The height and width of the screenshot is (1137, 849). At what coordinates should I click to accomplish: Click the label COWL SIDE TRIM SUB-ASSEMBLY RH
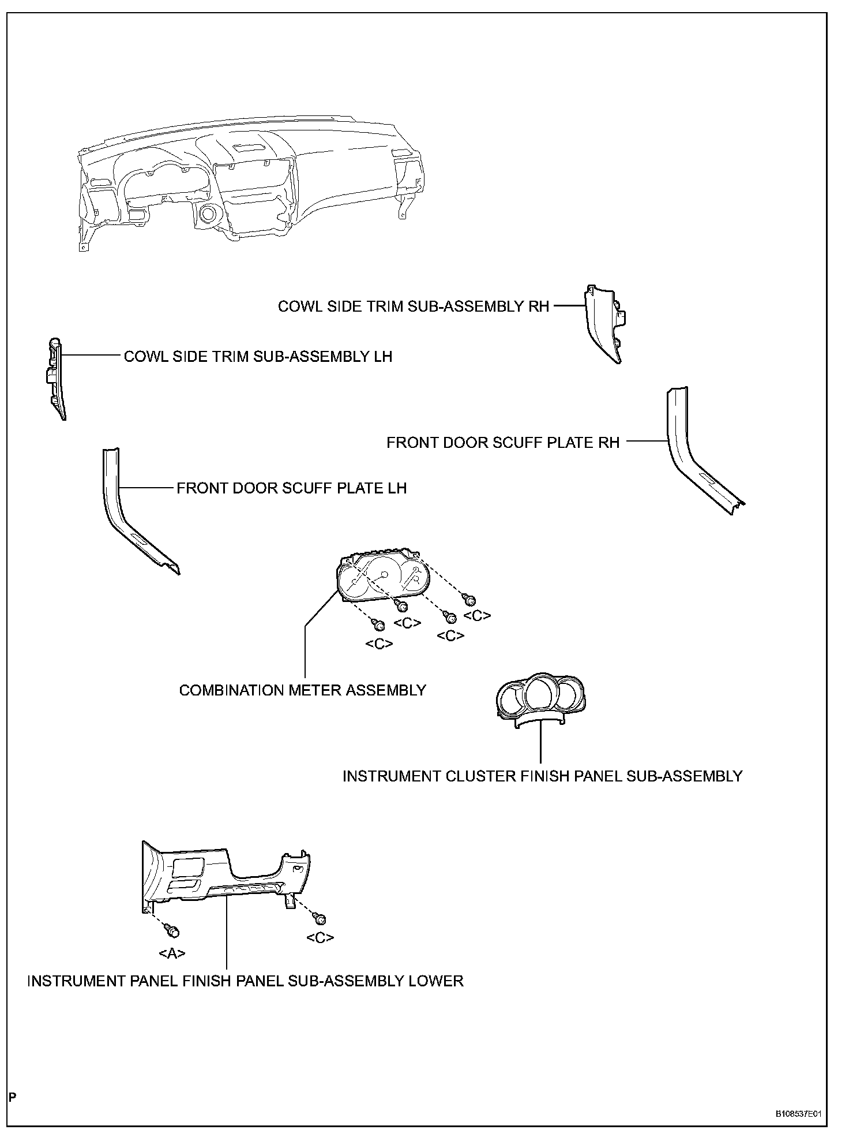tap(413, 306)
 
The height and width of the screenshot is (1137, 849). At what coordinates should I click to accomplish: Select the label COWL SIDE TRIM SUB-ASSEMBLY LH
tap(258, 356)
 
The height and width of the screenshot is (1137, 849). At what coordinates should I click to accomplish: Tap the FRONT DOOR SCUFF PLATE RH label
tap(502, 443)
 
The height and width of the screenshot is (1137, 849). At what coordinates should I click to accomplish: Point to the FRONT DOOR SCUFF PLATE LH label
tap(291, 488)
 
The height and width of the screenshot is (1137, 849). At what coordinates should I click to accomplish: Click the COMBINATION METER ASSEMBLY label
tap(302, 690)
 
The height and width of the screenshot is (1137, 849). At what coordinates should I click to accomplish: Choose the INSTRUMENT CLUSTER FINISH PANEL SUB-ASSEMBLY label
tap(542, 776)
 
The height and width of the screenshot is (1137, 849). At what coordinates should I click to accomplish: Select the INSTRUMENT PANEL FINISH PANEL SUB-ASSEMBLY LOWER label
tap(245, 981)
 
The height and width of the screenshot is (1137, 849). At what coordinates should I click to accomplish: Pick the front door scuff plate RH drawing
tap(692, 456)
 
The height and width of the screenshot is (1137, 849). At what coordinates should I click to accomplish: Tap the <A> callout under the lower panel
tap(172, 953)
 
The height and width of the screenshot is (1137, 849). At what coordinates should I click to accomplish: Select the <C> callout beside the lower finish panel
tap(320, 938)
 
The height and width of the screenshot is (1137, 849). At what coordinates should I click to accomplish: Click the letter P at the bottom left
tap(12, 1097)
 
